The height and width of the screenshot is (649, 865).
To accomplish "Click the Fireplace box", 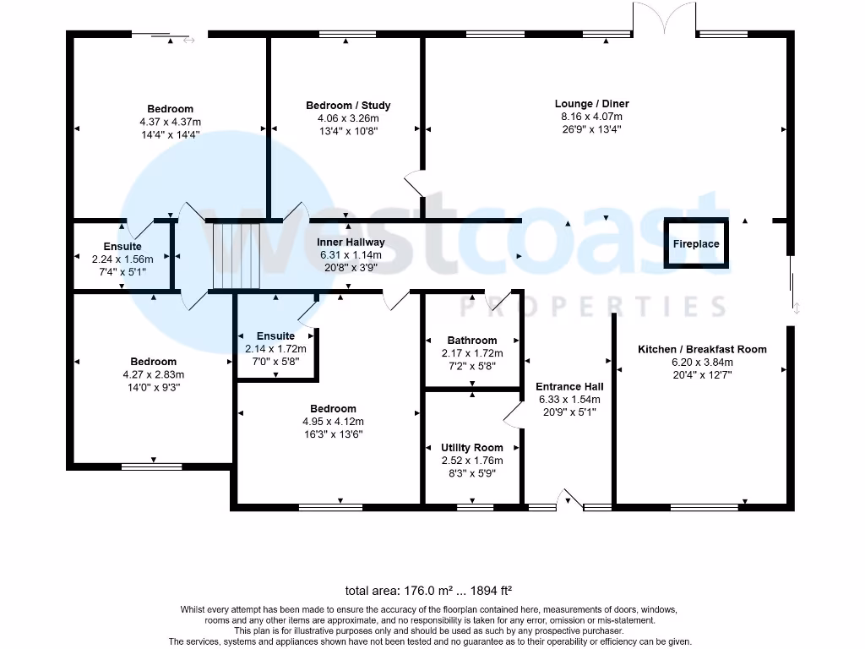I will [696, 244].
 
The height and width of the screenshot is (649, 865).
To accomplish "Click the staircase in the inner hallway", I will [235, 255].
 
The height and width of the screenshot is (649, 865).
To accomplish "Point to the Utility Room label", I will [471, 448].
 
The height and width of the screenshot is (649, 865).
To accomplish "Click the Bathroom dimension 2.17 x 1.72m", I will [471, 353].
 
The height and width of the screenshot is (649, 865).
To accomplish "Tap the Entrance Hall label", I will [569, 387].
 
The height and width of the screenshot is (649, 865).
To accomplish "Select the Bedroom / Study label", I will [348, 106].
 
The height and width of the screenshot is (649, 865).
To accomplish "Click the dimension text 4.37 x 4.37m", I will [171, 122].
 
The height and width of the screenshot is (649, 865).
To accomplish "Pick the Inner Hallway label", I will [350, 243].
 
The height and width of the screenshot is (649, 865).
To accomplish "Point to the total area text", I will [429, 591].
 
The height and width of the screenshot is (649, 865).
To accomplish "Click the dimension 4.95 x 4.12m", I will [333, 422].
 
